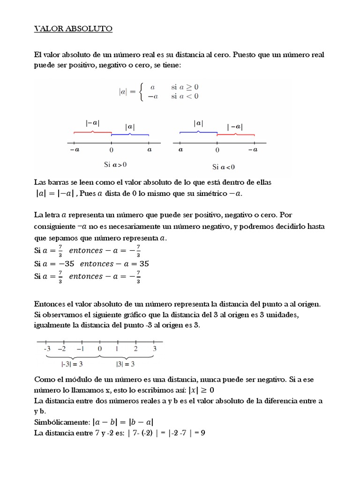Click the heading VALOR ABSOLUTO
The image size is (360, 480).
pos(74,29)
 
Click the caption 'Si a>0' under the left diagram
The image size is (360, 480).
pos(115,165)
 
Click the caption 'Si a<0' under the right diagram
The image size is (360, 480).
pos(224,167)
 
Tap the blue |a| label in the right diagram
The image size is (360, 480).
pos(198,123)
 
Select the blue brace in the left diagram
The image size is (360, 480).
pos(130,135)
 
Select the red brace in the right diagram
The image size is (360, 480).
pos(235,135)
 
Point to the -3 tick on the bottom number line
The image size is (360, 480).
pos(47,342)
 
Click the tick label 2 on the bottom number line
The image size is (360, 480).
pos(135,349)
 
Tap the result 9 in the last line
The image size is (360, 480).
pos(203,432)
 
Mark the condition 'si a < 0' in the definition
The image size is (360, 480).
pos(185,97)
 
